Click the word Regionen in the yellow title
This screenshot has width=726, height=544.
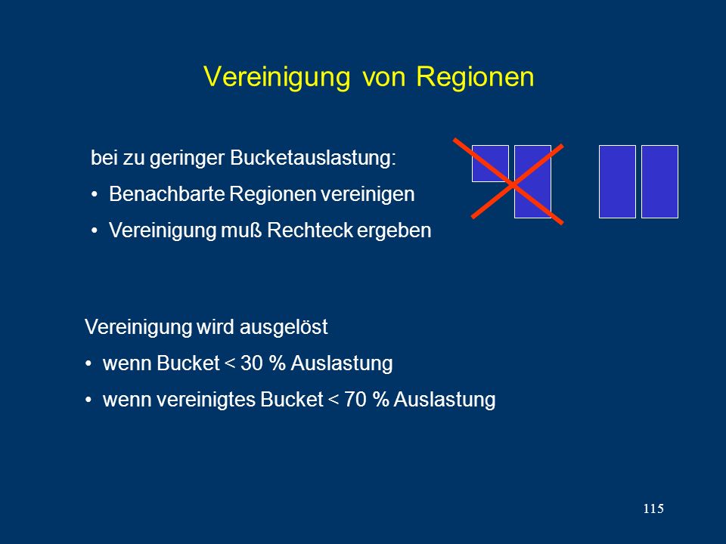[475, 77]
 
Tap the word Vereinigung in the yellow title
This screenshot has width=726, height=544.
[277, 77]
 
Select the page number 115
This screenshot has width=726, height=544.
[653, 508]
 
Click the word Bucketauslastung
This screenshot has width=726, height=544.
[313, 158]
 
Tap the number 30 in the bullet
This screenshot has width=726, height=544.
[252, 363]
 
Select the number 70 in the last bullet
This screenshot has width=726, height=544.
[355, 399]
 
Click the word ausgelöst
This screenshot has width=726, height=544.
[284, 327]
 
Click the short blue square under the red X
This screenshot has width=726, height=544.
[490, 164]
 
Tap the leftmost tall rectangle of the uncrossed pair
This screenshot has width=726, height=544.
[617, 181]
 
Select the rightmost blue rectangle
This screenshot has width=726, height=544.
[659, 181]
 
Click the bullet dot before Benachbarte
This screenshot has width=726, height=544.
[95, 194]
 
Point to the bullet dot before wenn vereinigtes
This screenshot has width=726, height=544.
[88, 400]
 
